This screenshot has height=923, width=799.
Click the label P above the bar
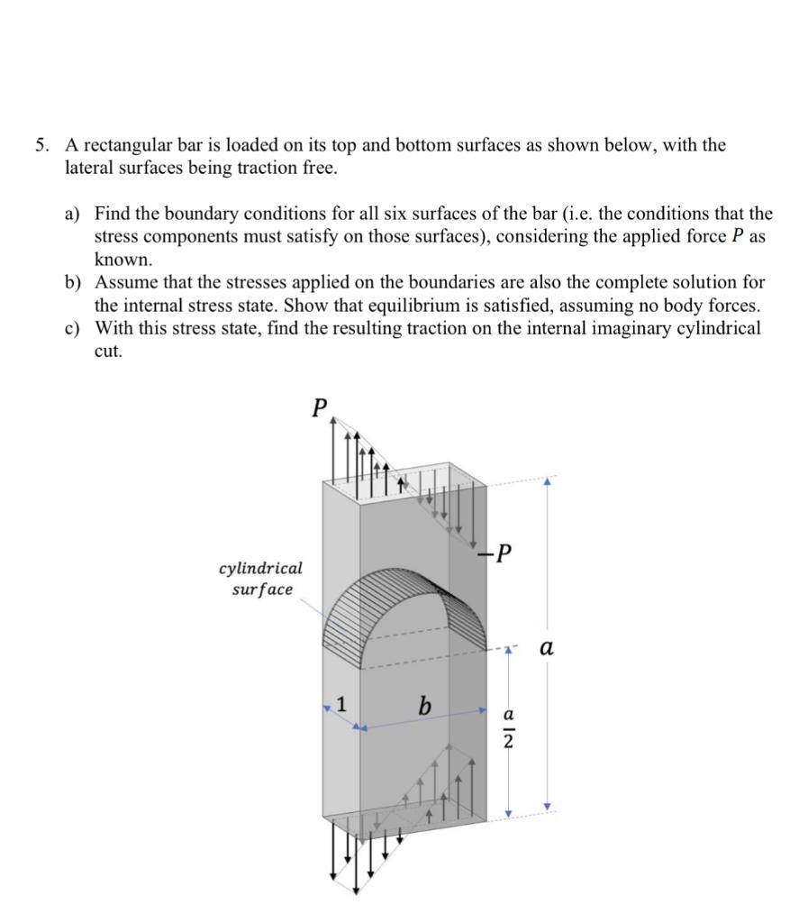pos(318,407)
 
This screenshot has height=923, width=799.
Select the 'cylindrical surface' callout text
pos(260,579)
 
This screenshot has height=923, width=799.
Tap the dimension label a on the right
pos(547,647)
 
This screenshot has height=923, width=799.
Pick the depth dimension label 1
pos(340,703)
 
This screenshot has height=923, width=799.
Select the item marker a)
pos(73,214)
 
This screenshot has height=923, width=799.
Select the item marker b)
pos(73,282)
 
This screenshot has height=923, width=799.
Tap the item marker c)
pos(73,328)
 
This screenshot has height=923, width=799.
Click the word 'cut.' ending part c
pos(108,352)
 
